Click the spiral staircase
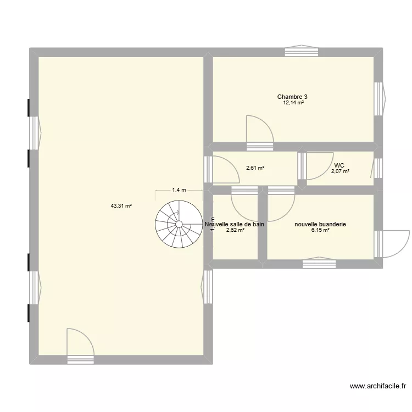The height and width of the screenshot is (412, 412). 179,224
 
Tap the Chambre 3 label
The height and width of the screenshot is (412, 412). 292,97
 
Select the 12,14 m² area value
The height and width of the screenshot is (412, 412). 293,103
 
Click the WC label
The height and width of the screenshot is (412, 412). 339,165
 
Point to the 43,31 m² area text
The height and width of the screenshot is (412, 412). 121,206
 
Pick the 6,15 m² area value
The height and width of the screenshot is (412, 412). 320,231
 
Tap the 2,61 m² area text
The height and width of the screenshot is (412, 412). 255,168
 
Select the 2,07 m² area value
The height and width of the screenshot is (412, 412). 340,171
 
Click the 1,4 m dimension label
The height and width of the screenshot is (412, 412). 179,190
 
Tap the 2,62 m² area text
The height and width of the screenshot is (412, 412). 235,231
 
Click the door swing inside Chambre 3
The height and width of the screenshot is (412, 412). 258,131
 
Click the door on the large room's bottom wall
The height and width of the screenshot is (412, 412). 80,345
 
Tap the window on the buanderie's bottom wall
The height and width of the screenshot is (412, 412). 319,263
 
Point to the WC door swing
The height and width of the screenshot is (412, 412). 316,166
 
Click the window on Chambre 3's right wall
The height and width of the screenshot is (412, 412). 378,99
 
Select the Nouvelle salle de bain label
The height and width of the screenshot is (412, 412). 235,224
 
